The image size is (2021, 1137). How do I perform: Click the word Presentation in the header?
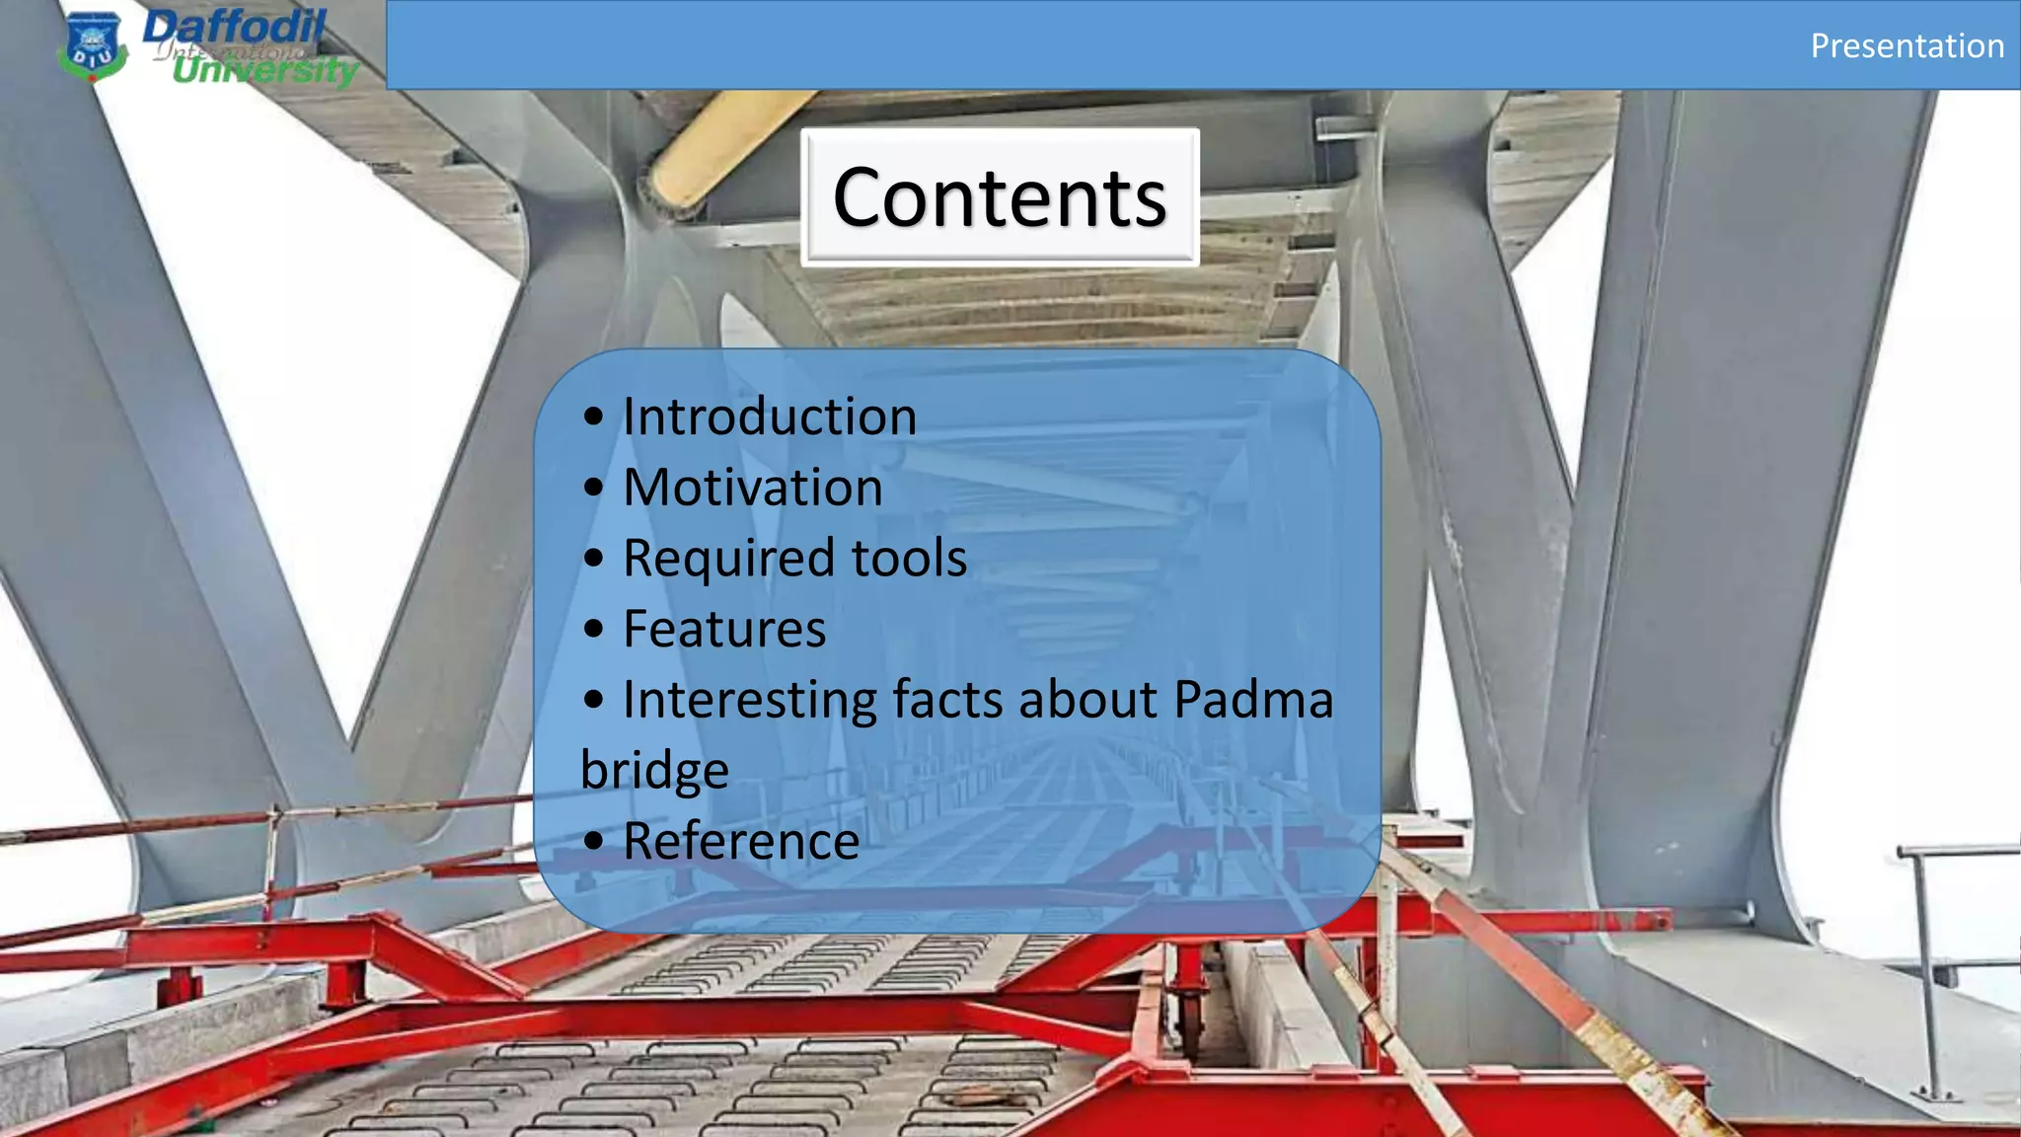1907,46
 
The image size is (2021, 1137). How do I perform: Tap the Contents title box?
1000,197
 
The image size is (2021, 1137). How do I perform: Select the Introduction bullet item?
770,417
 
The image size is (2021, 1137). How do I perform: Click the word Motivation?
753,488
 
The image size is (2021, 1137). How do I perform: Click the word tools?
909,559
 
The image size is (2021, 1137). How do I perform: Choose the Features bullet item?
724,630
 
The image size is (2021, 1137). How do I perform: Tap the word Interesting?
750,701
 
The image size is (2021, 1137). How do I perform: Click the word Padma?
1253,700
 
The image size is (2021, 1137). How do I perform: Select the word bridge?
654,771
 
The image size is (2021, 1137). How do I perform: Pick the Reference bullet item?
741,842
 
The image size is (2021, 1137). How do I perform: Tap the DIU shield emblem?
93,46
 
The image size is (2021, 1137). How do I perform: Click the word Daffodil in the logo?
234,27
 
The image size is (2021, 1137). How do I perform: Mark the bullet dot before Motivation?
593,488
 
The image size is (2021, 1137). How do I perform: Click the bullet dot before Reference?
593,842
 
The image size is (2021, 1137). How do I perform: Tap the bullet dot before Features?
593,630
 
